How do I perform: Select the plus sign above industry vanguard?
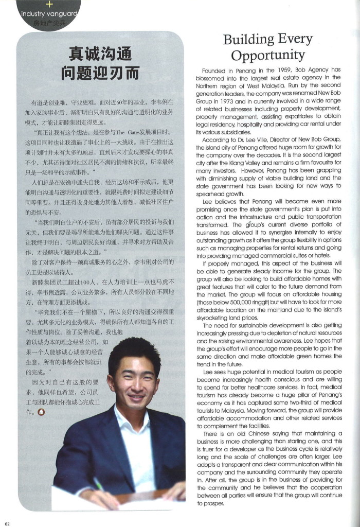pyautogui.click(x=49, y=4)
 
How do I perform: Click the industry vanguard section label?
pyautogui.click(x=49, y=13)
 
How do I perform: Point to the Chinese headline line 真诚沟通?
pyautogui.click(x=101, y=53)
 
